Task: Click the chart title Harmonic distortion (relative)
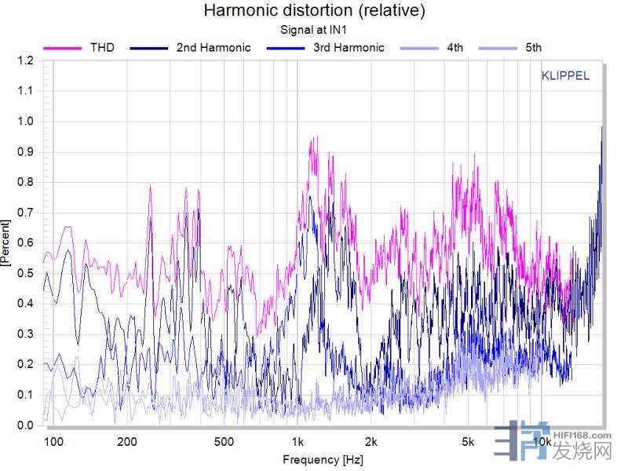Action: (x=314, y=11)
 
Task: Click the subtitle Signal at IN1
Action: (x=314, y=30)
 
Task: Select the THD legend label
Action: (x=102, y=47)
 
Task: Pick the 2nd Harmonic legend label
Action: (x=214, y=47)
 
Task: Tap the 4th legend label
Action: (x=455, y=47)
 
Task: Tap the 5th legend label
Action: (x=533, y=47)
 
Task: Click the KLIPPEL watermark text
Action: (x=565, y=76)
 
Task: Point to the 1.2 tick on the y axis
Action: (x=26, y=60)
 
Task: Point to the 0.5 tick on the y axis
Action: (x=26, y=273)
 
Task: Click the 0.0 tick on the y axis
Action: (x=26, y=425)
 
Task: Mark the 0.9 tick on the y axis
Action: (x=26, y=152)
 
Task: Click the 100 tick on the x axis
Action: (x=53, y=442)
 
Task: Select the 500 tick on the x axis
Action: (x=224, y=442)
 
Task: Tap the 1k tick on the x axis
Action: (x=297, y=442)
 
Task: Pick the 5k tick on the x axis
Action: (x=468, y=442)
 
